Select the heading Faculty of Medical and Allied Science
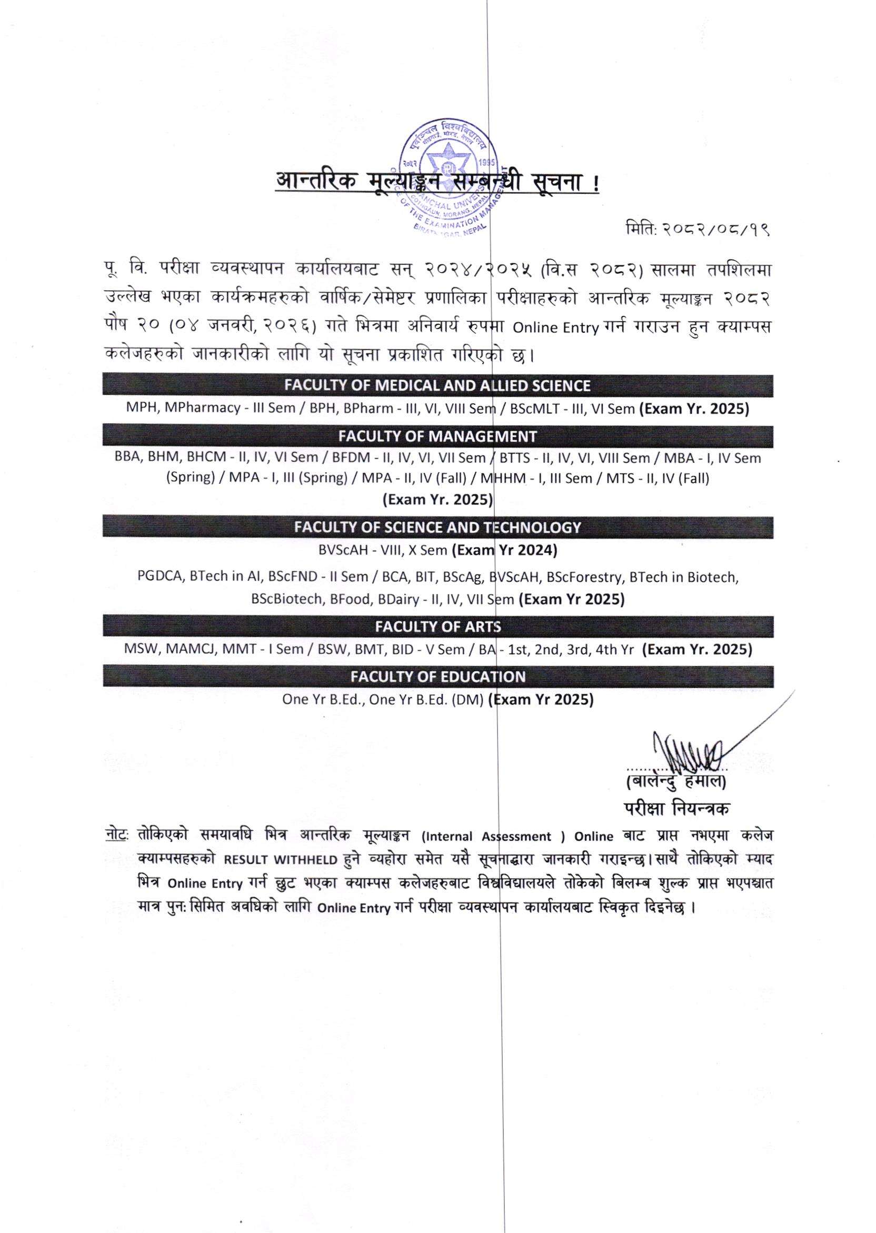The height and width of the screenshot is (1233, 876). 437,386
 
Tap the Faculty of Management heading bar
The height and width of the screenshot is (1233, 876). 437,436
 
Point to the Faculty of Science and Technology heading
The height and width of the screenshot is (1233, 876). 437,527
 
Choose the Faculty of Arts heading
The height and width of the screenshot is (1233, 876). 437,626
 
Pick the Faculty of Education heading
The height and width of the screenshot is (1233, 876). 437,677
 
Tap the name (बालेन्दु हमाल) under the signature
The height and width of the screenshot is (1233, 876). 676,780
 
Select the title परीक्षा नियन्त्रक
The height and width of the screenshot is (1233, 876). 677,809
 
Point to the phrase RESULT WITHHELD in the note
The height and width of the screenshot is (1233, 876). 281,860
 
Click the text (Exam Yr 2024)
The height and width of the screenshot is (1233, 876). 504,550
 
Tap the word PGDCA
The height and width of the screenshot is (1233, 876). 160,576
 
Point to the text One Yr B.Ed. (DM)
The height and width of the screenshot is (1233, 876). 426,700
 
